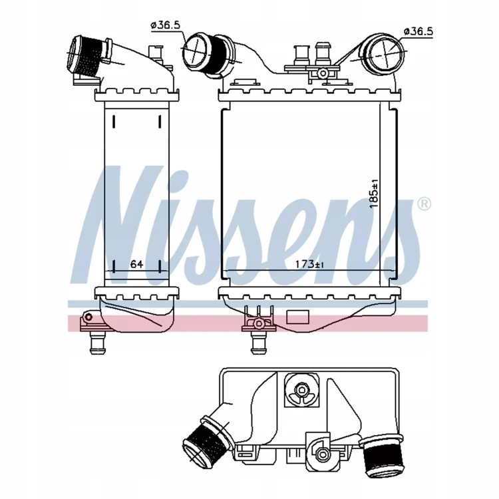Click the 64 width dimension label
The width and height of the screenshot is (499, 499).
[136, 264]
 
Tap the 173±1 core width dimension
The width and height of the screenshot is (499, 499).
[309, 264]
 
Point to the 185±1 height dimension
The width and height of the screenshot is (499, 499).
[374, 194]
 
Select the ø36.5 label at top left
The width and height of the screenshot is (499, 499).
[166, 25]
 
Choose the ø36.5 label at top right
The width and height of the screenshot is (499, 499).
[418, 31]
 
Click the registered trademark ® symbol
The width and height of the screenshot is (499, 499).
[424, 204]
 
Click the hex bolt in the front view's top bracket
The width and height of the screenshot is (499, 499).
[323, 73]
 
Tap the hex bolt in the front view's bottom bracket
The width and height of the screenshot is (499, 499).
[258, 323]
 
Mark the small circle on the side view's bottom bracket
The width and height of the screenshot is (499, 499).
[88, 317]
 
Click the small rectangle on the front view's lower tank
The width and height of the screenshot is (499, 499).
[297, 317]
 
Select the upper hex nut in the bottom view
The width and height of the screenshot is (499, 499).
[300, 389]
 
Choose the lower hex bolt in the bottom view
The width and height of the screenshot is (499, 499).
[323, 452]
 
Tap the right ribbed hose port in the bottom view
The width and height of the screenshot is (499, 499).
[383, 454]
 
